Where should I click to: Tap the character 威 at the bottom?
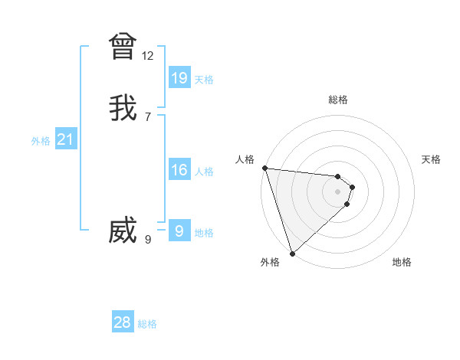pos(123,231)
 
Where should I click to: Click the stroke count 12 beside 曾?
pos(148,56)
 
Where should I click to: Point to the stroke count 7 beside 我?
pos(148,116)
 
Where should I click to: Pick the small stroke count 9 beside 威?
pos(148,239)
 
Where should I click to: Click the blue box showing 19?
pos(179,77)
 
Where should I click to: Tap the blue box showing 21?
pos(66,139)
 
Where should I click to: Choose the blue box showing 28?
pos(123,322)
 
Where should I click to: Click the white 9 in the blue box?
pos(179,231)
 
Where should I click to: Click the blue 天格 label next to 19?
pos(204,80)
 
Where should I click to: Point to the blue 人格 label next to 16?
pos(204,172)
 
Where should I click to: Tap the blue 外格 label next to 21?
pos(41,141)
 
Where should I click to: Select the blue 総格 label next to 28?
pos(147,324)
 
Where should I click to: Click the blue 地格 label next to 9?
pos(204,233)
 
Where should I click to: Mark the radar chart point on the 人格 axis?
pos(264,168)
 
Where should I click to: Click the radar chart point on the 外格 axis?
pos(292,253)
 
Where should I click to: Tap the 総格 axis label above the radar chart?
pos(338,100)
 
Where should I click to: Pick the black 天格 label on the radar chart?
pos(431,159)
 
